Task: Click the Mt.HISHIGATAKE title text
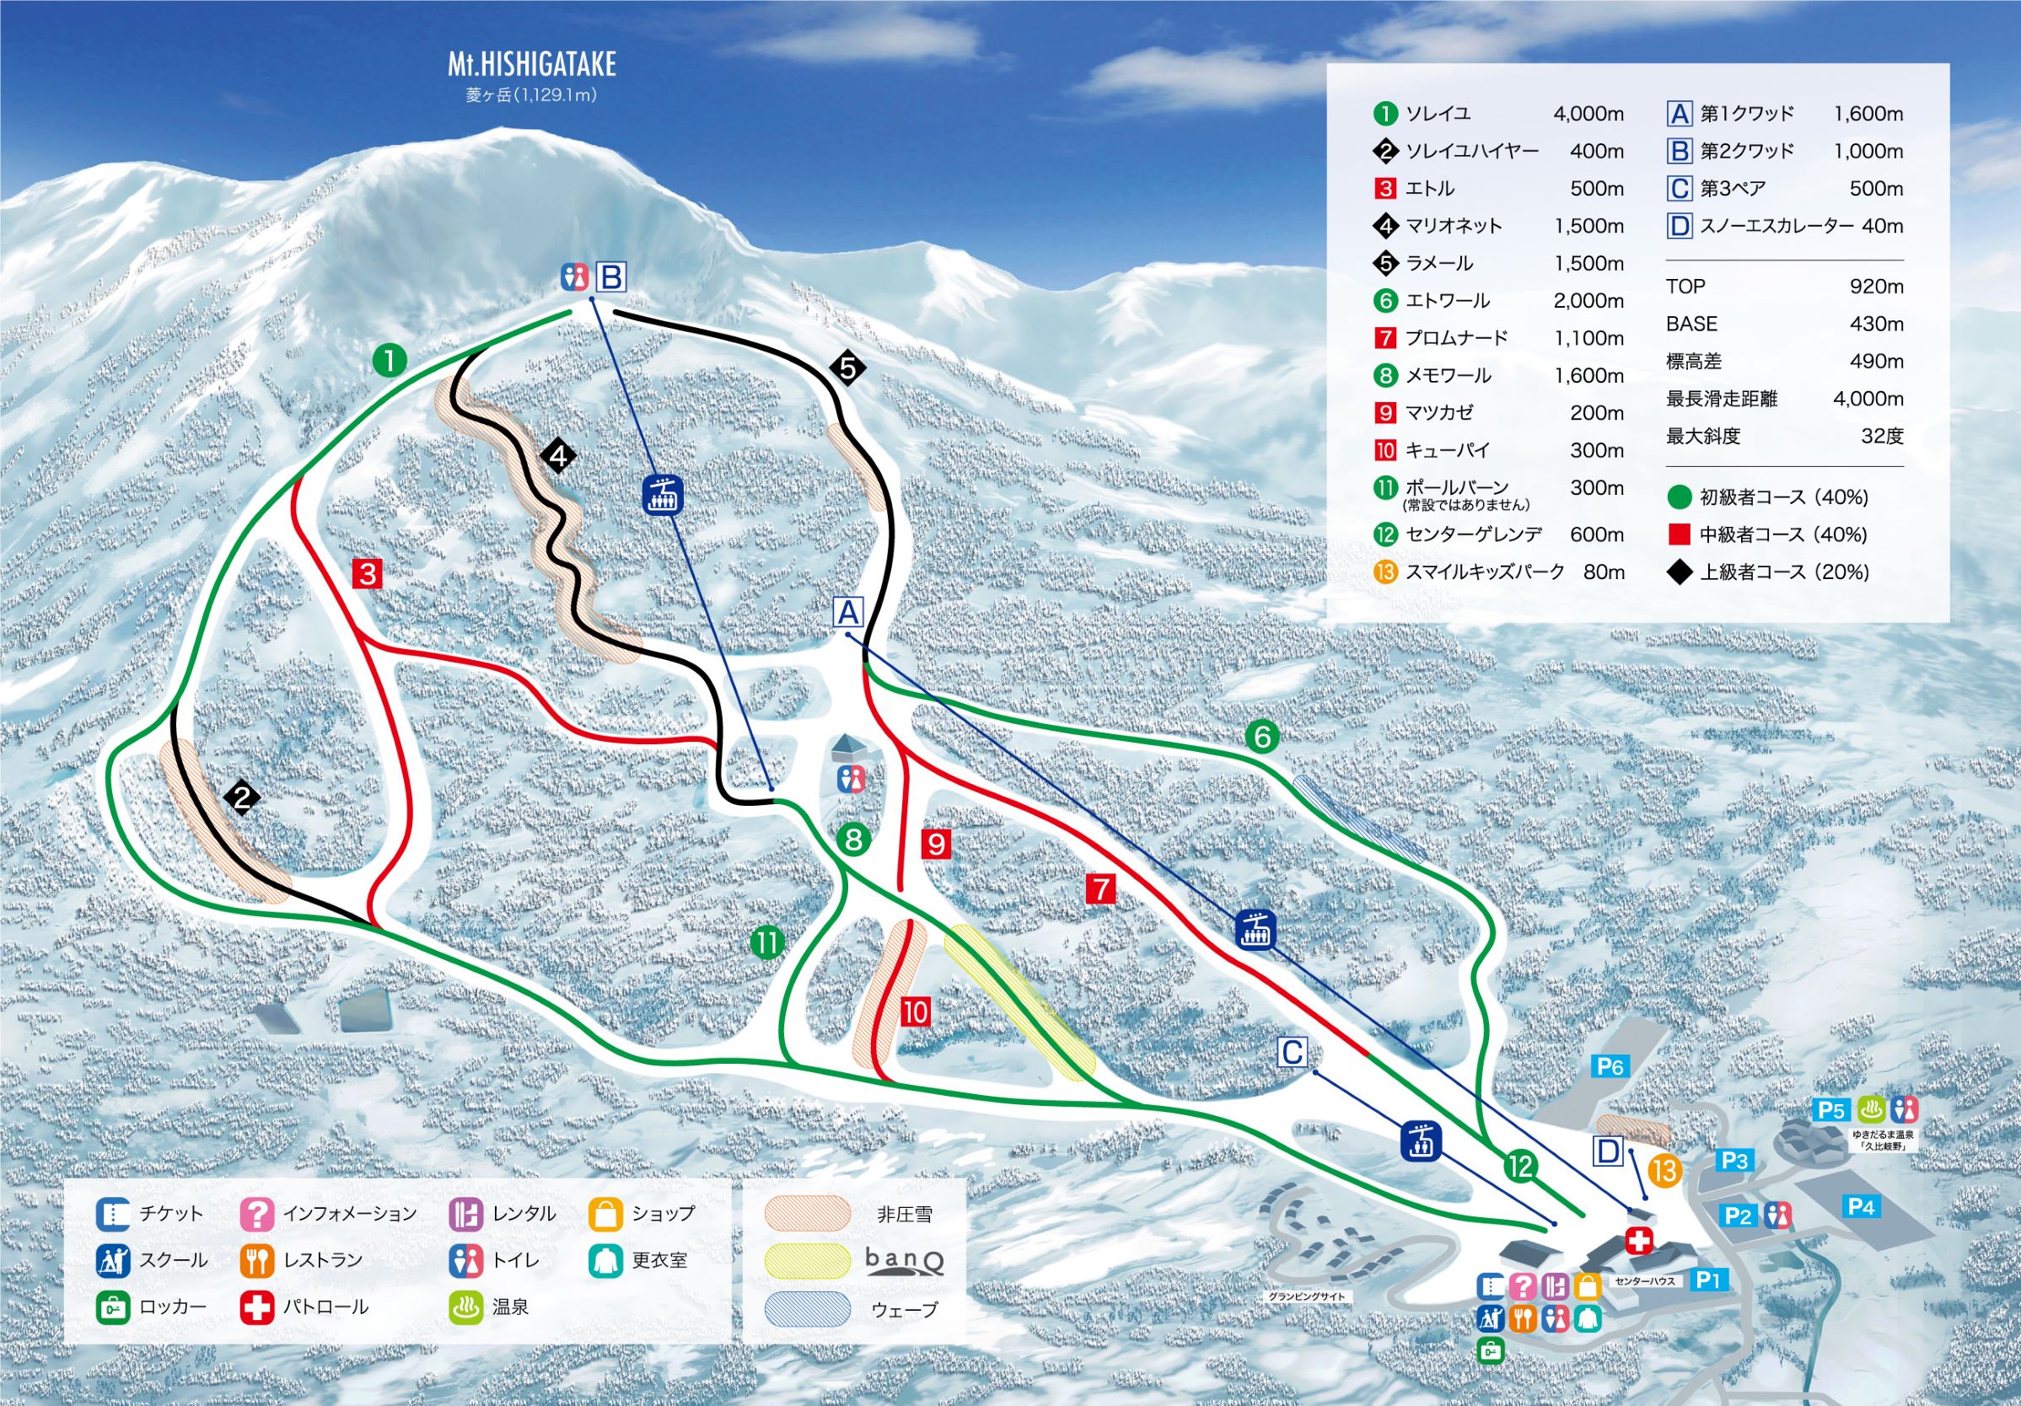[532, 64]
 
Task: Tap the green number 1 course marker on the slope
[389, 360]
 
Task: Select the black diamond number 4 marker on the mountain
[559, 456]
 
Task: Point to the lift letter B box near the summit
[611, 278]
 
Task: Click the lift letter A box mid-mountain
[848, 611]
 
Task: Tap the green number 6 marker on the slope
[1262, 737]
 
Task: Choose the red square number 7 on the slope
[1100, 888]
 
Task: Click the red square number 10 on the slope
[915, 1012]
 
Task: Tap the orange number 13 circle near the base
[1664, 1171]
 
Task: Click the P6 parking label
[1609, 1067]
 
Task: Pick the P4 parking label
[1861, 1206]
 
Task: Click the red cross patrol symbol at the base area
[1638, 1242]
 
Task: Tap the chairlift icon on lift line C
[1421, 1142]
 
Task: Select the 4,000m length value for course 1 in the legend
[1588, 114]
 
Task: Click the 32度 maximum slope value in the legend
[1882, 436]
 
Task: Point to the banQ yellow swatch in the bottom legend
[807, 1262]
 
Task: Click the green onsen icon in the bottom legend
[465, 1307]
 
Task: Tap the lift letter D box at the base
[1608, 1151]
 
